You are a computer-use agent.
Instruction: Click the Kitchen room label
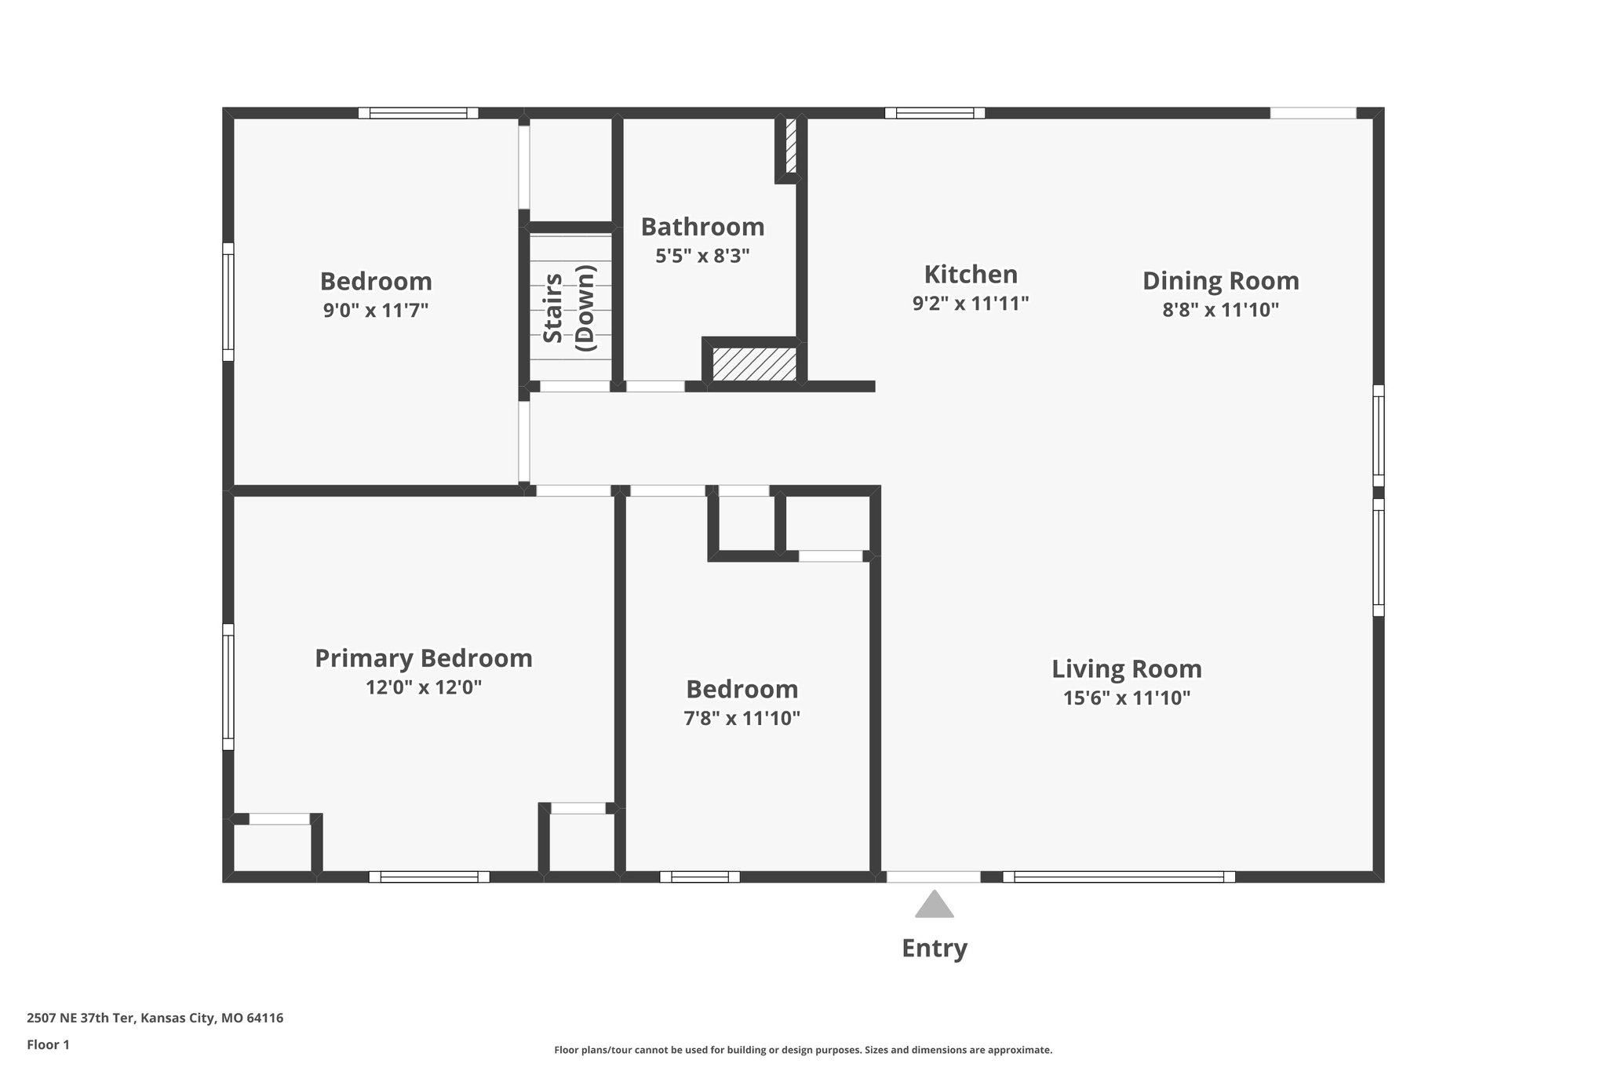click(x=971, y=275)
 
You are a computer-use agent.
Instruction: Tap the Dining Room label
click(x=1220, y=281)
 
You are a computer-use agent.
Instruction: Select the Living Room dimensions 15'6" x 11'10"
click(x=1127, y=698)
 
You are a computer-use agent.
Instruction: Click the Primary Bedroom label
click(x=423, y=658)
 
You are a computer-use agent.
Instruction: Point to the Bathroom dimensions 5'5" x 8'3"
click(x=702, y=256)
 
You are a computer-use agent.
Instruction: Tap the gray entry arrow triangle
click(x=934, y=905)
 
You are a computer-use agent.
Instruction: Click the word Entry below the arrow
click(x=934, y=949)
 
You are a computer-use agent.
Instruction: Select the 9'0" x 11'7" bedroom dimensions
click(x=376, y=311)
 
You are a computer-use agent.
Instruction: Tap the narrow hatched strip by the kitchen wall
click(x=791, y=146)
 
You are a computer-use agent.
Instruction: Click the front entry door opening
click(x=933, y=876)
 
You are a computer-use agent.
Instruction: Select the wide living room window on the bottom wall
click(x=1118, y=876)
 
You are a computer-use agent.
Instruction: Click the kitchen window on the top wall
click(x=935, y=113)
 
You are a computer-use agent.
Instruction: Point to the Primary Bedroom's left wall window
click(x=228, y=687)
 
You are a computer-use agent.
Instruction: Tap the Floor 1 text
click(x=48, y=1044)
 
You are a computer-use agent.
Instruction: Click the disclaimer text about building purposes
click(x=803, y=1050)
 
